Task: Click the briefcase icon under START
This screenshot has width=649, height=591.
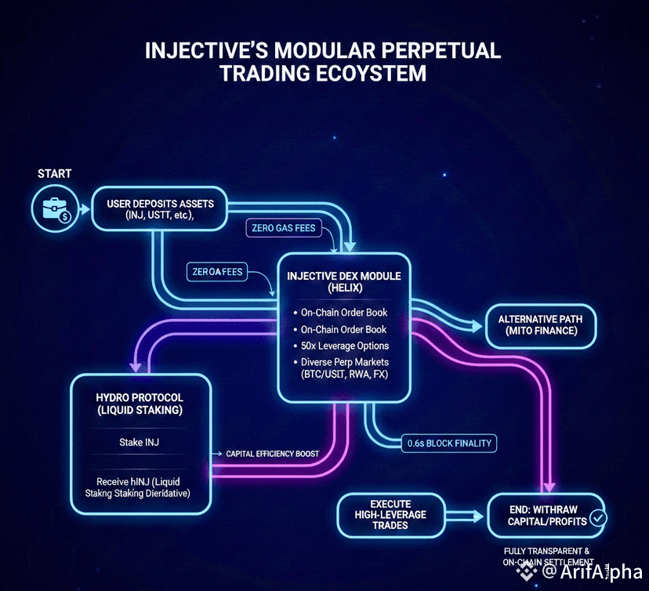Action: point(53,210)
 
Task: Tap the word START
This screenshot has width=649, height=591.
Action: point(54,172)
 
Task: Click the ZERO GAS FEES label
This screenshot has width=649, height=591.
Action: point(285,228)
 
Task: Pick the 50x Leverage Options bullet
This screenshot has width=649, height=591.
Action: point(344,346)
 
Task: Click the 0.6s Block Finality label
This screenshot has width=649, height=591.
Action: point(449,443)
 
